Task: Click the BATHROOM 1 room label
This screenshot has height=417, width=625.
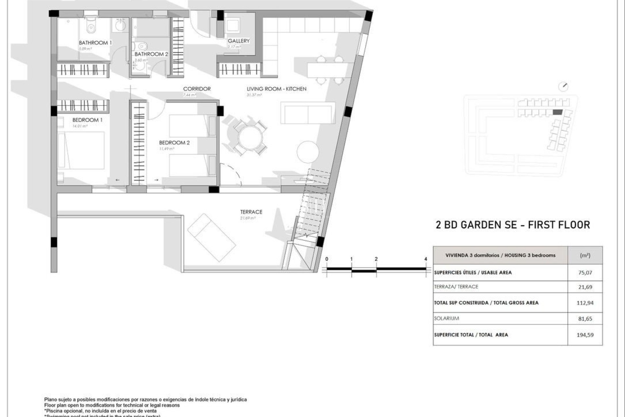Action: coord(95,43)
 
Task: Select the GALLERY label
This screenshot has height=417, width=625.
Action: coord(239,41)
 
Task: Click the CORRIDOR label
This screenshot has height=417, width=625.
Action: coord(197,89)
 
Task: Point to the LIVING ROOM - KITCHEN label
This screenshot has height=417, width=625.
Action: coord(276,89)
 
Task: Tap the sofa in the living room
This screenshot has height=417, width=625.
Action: coord(308,113)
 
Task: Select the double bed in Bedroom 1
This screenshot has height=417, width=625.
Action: coord(81,150)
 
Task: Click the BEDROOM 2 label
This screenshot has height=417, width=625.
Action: coord(174,143)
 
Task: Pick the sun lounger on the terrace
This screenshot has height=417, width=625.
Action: coord(212,237)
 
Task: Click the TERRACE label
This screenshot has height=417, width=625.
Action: coord(251,212)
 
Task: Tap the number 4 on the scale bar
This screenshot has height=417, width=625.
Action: coord(425,259)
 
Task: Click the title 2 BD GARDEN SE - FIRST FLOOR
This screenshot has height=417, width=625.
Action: coord(513,225)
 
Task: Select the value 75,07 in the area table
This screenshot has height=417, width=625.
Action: coord(585,273)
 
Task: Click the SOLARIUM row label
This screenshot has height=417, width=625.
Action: coord(446,318)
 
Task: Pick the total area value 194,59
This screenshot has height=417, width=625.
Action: coord(585,335)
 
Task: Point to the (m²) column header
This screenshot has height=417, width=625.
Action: coord(585,255)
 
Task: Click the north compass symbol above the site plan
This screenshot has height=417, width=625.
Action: coord(563,87)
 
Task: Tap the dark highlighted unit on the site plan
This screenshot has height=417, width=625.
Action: coord(557,112)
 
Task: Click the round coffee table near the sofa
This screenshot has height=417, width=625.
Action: coord(308,152)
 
